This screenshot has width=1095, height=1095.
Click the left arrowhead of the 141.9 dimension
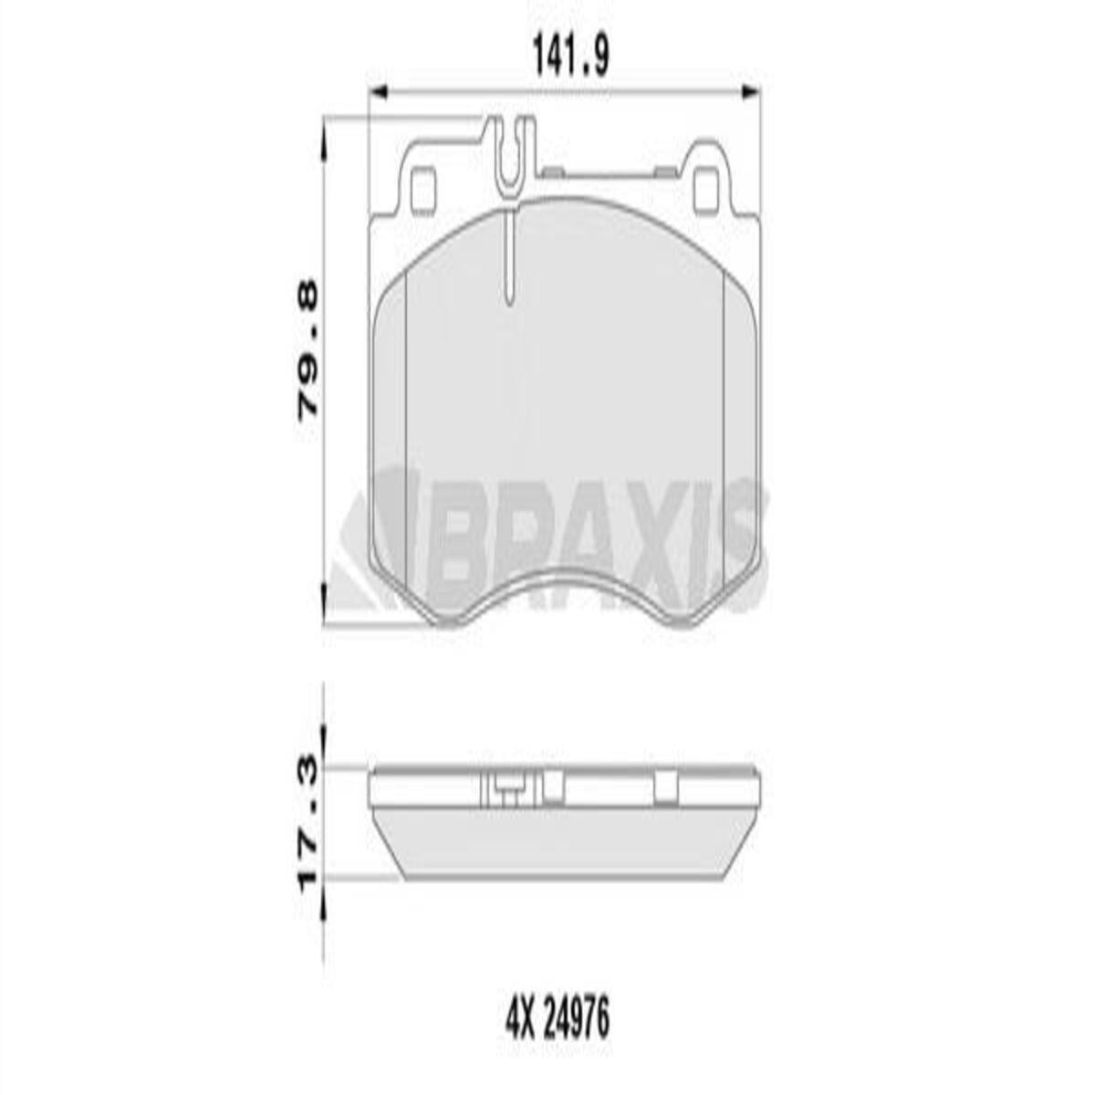click(378, 92)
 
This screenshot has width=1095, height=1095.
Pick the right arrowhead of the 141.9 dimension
click(751, 92)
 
